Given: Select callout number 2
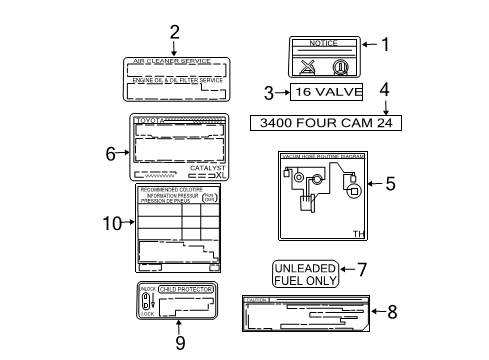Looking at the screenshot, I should [x=174, y=31].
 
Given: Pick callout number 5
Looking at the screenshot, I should [x=391, y=183].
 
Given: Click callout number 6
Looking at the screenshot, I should [x=112, y=152].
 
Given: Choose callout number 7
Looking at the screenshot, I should [x=363, y=268].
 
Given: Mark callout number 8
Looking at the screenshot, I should [x=392, y=312].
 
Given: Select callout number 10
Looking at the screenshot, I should [x=112, y=222].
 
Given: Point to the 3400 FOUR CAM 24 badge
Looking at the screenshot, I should [x=326, y=122].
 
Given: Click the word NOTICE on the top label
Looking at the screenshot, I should [x=322, y=45].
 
